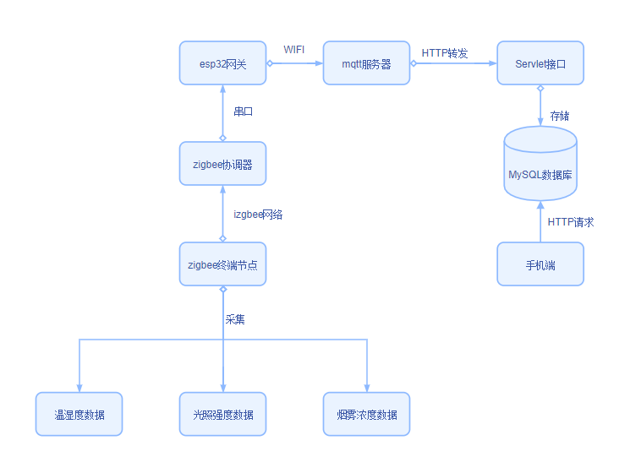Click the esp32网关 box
tap(222, 63)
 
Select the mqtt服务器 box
tap(366, 63)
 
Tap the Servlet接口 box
tap(540, 63)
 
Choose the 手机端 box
tap(540, 264)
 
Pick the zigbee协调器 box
tap(222, 164)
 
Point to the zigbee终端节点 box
tap(222, 264)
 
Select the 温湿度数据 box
tap(79, 414)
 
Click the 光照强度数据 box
tap(222, 414)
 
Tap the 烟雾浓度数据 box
tap(366, 414)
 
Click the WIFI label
tap(294, 50)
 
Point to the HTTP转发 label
tap(445, 52)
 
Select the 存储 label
tap(560, 115)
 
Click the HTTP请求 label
tap(571, 222)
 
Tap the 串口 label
tap(244, 111)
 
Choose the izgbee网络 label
tap(258, 215)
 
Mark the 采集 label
tap(235, 319)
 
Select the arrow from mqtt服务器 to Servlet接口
tap(453, 63)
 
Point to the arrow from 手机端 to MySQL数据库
tap(540, 222)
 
